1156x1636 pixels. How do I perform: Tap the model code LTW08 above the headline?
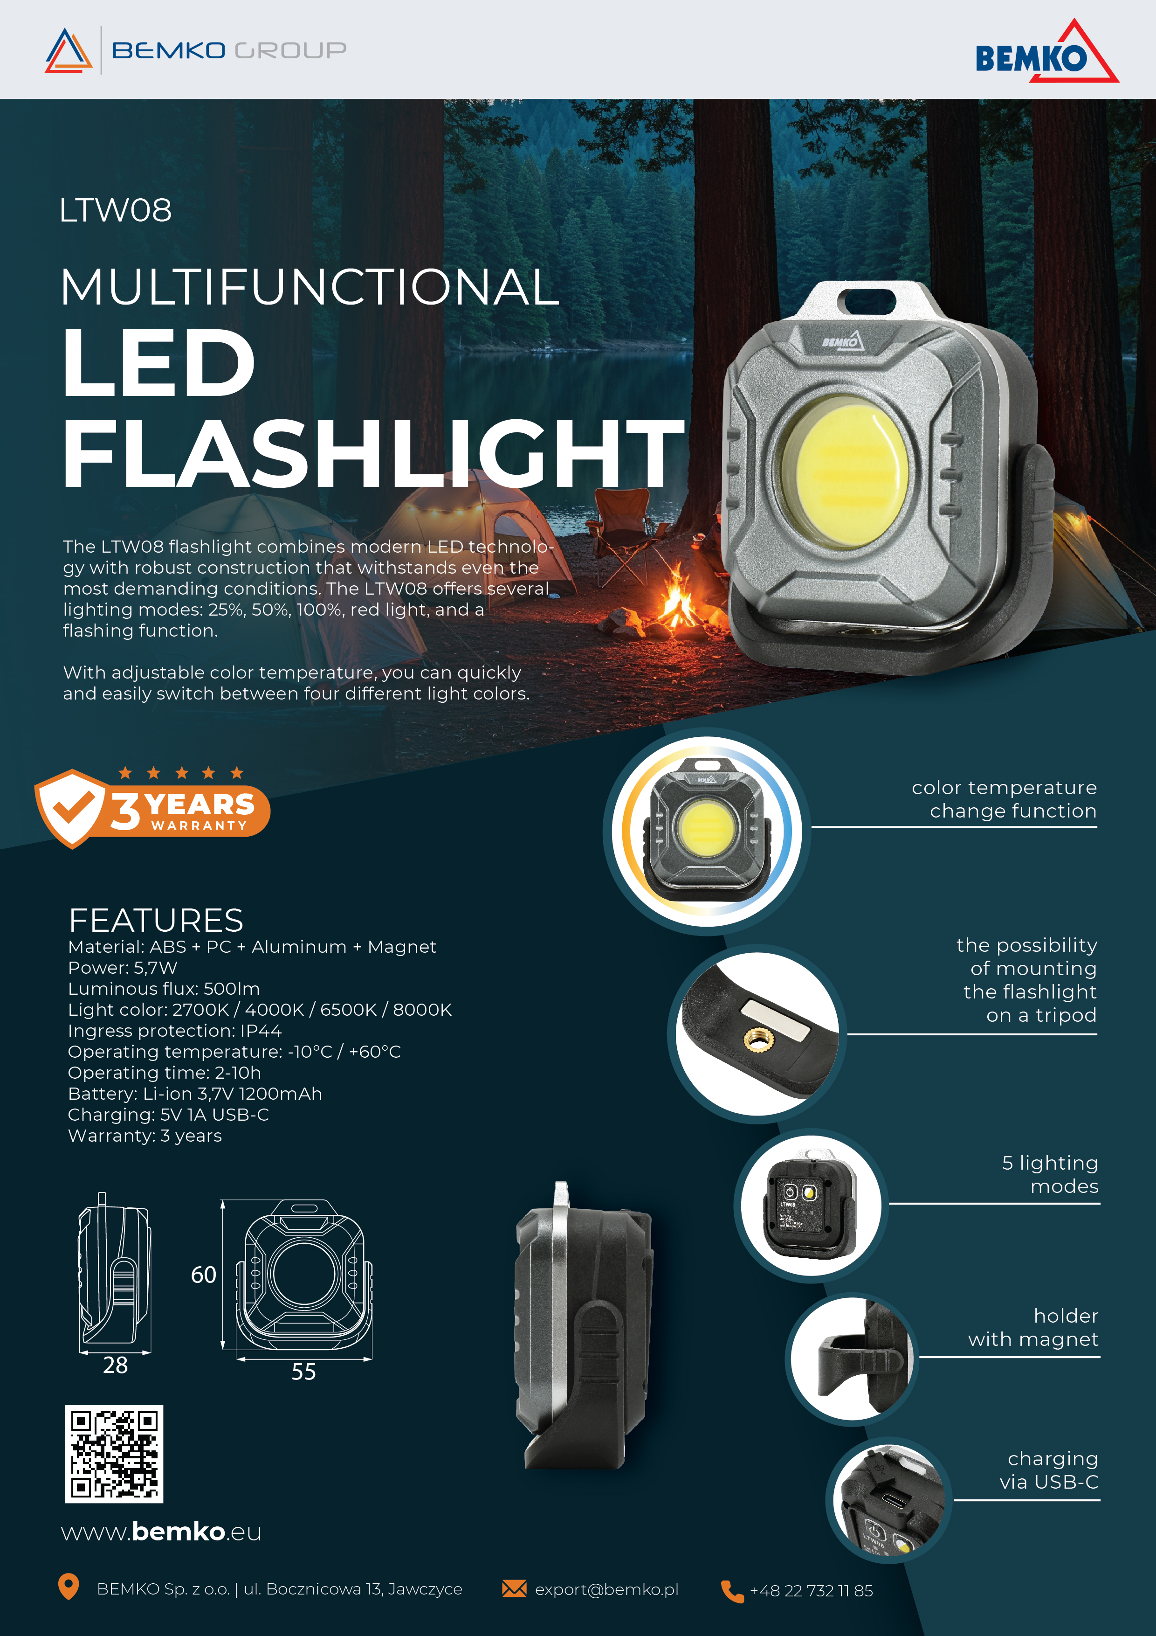[116, 210]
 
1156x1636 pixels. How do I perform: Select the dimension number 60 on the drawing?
[203, 1275]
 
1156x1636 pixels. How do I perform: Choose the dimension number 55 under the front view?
[303, 1372]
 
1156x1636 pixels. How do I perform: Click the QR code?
[114, 1454]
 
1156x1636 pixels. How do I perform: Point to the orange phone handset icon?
[732, 1590]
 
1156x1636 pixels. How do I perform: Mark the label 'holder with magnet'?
[1033, 1327]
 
